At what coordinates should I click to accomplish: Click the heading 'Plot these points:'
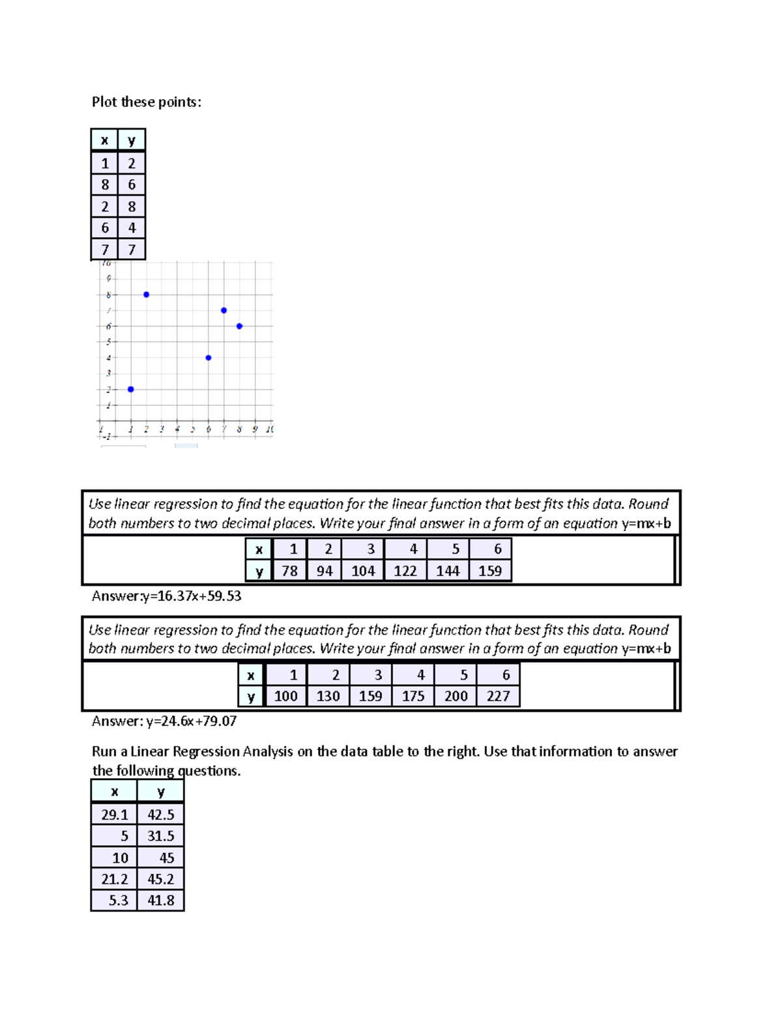coord(147,102)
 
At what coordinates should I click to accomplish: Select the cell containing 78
coord(289,571)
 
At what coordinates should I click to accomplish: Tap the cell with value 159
coord(490,571)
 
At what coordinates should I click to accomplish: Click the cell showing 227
coord(498,696)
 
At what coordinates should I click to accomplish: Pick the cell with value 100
coord(285,696)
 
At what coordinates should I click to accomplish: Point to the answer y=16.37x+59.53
coord(167,596)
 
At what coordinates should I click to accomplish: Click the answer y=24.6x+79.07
coord(164,721)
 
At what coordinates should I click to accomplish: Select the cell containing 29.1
coord(114,815)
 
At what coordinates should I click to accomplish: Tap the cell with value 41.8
coord(160,901)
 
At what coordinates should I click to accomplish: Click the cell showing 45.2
coord(160,879)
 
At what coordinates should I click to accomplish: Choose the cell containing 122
coord(405,571)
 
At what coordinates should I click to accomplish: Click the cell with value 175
coord(413,696)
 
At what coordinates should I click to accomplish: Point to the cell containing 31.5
coord(160,836)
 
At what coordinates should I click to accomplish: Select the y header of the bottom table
coord(160,792)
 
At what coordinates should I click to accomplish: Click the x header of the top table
coord(104,140)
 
